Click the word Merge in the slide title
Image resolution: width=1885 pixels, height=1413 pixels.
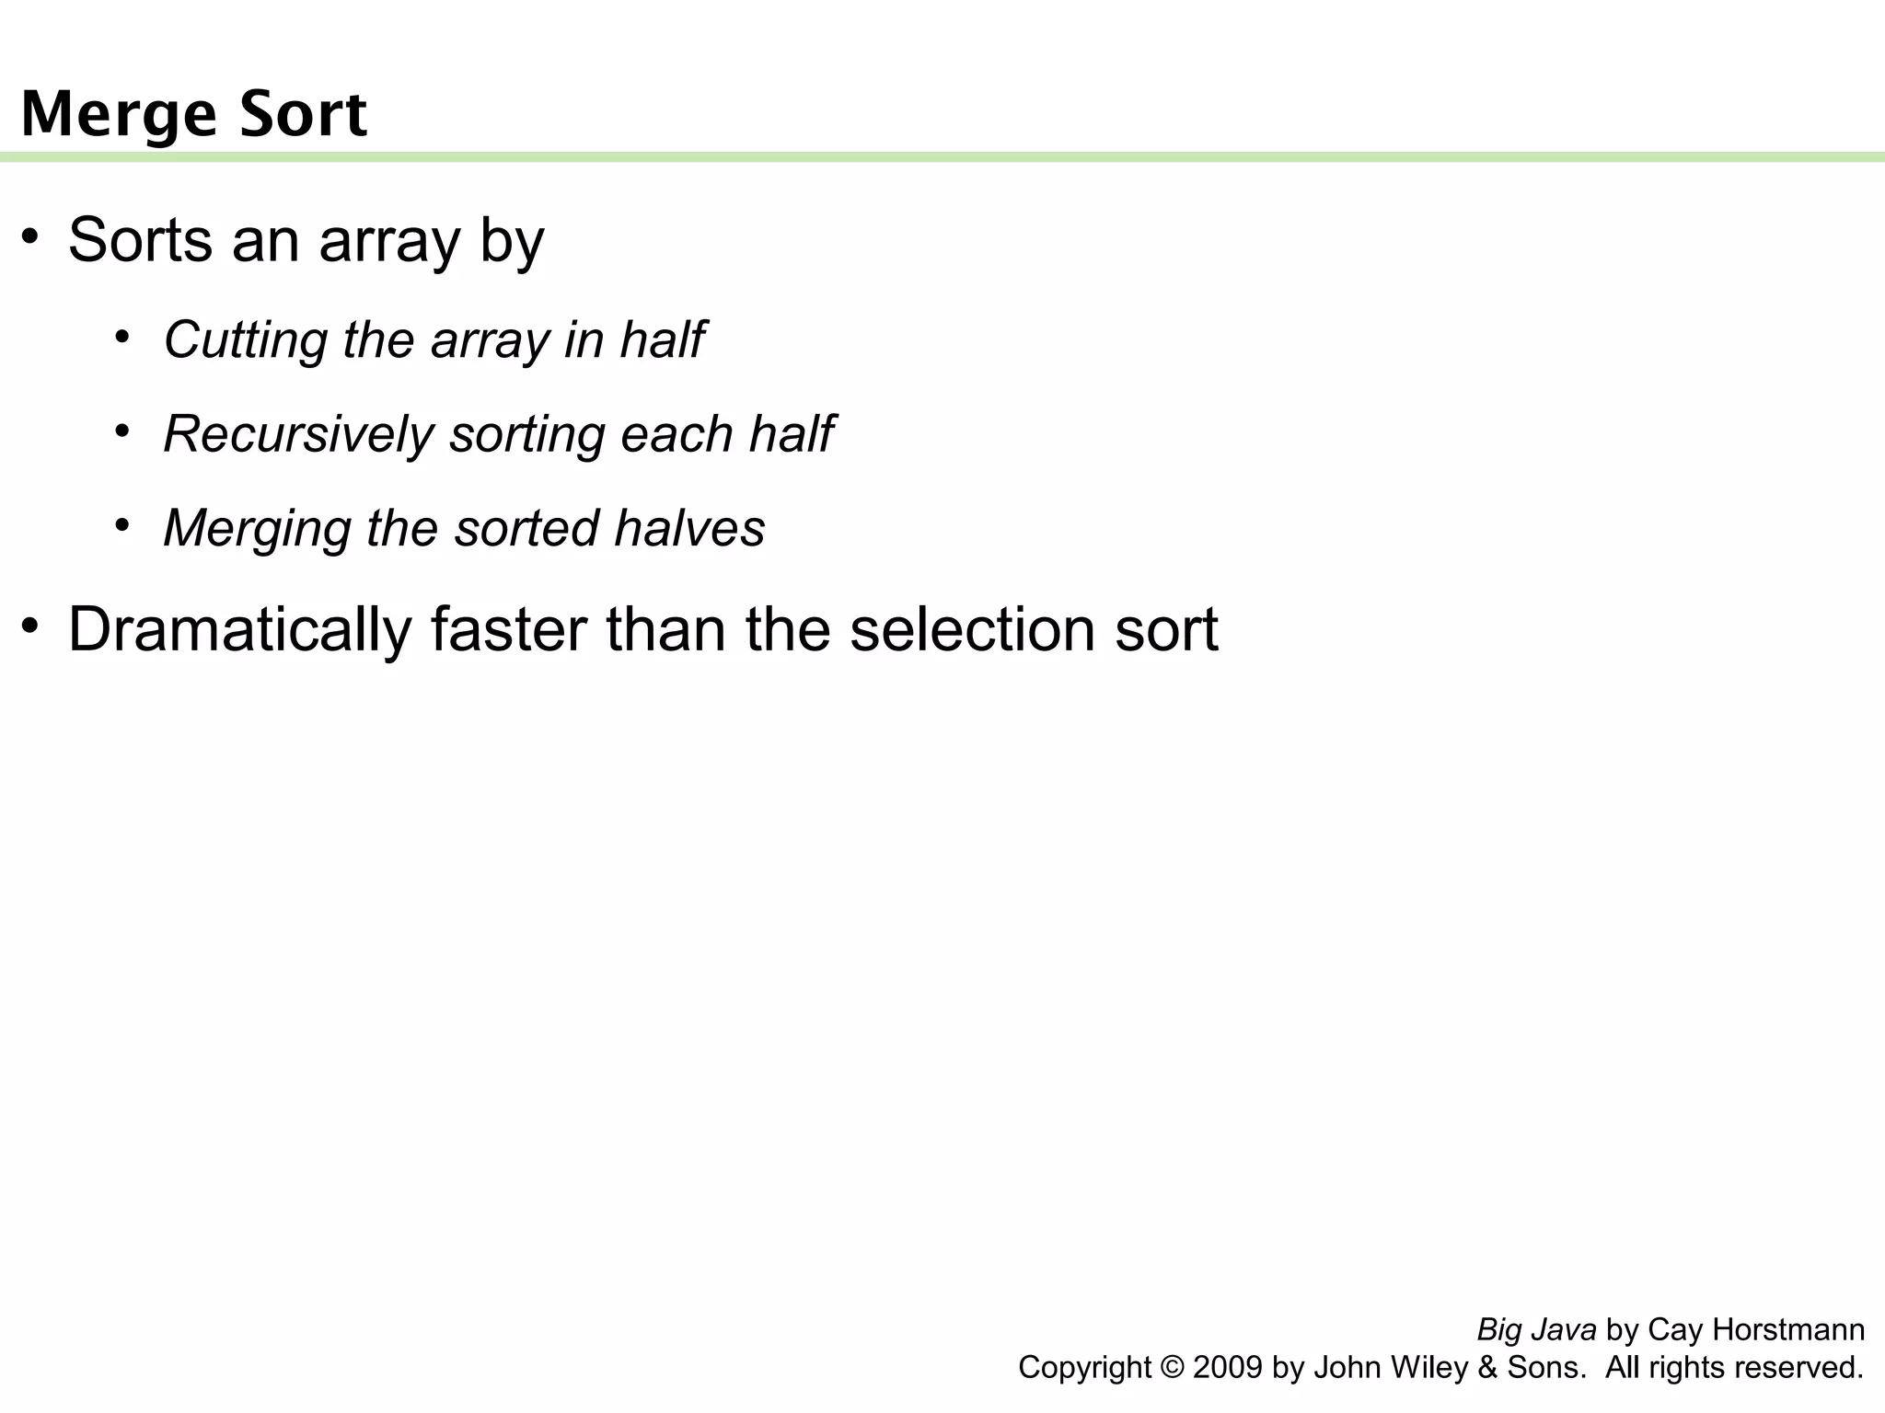coord(119,115)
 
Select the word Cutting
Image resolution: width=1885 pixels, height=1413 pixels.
coord(245,340)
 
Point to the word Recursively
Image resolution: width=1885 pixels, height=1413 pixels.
coord(297,434)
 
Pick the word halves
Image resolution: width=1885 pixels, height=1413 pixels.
coord(689,528)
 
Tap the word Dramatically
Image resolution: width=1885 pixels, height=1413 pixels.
coord(240,630)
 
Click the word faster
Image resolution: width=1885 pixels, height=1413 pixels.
coord(509,630)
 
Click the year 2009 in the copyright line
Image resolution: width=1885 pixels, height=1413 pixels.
coord(1227,1368)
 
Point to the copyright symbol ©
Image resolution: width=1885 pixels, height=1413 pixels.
coord(1172,1368)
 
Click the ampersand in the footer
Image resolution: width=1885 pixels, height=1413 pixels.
coord(1486,1368)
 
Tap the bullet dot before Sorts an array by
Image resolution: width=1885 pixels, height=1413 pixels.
coord(30,235)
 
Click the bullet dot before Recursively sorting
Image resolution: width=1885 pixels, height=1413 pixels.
coord(121,431)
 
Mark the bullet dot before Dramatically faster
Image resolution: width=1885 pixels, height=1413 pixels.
coord(30,626)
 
